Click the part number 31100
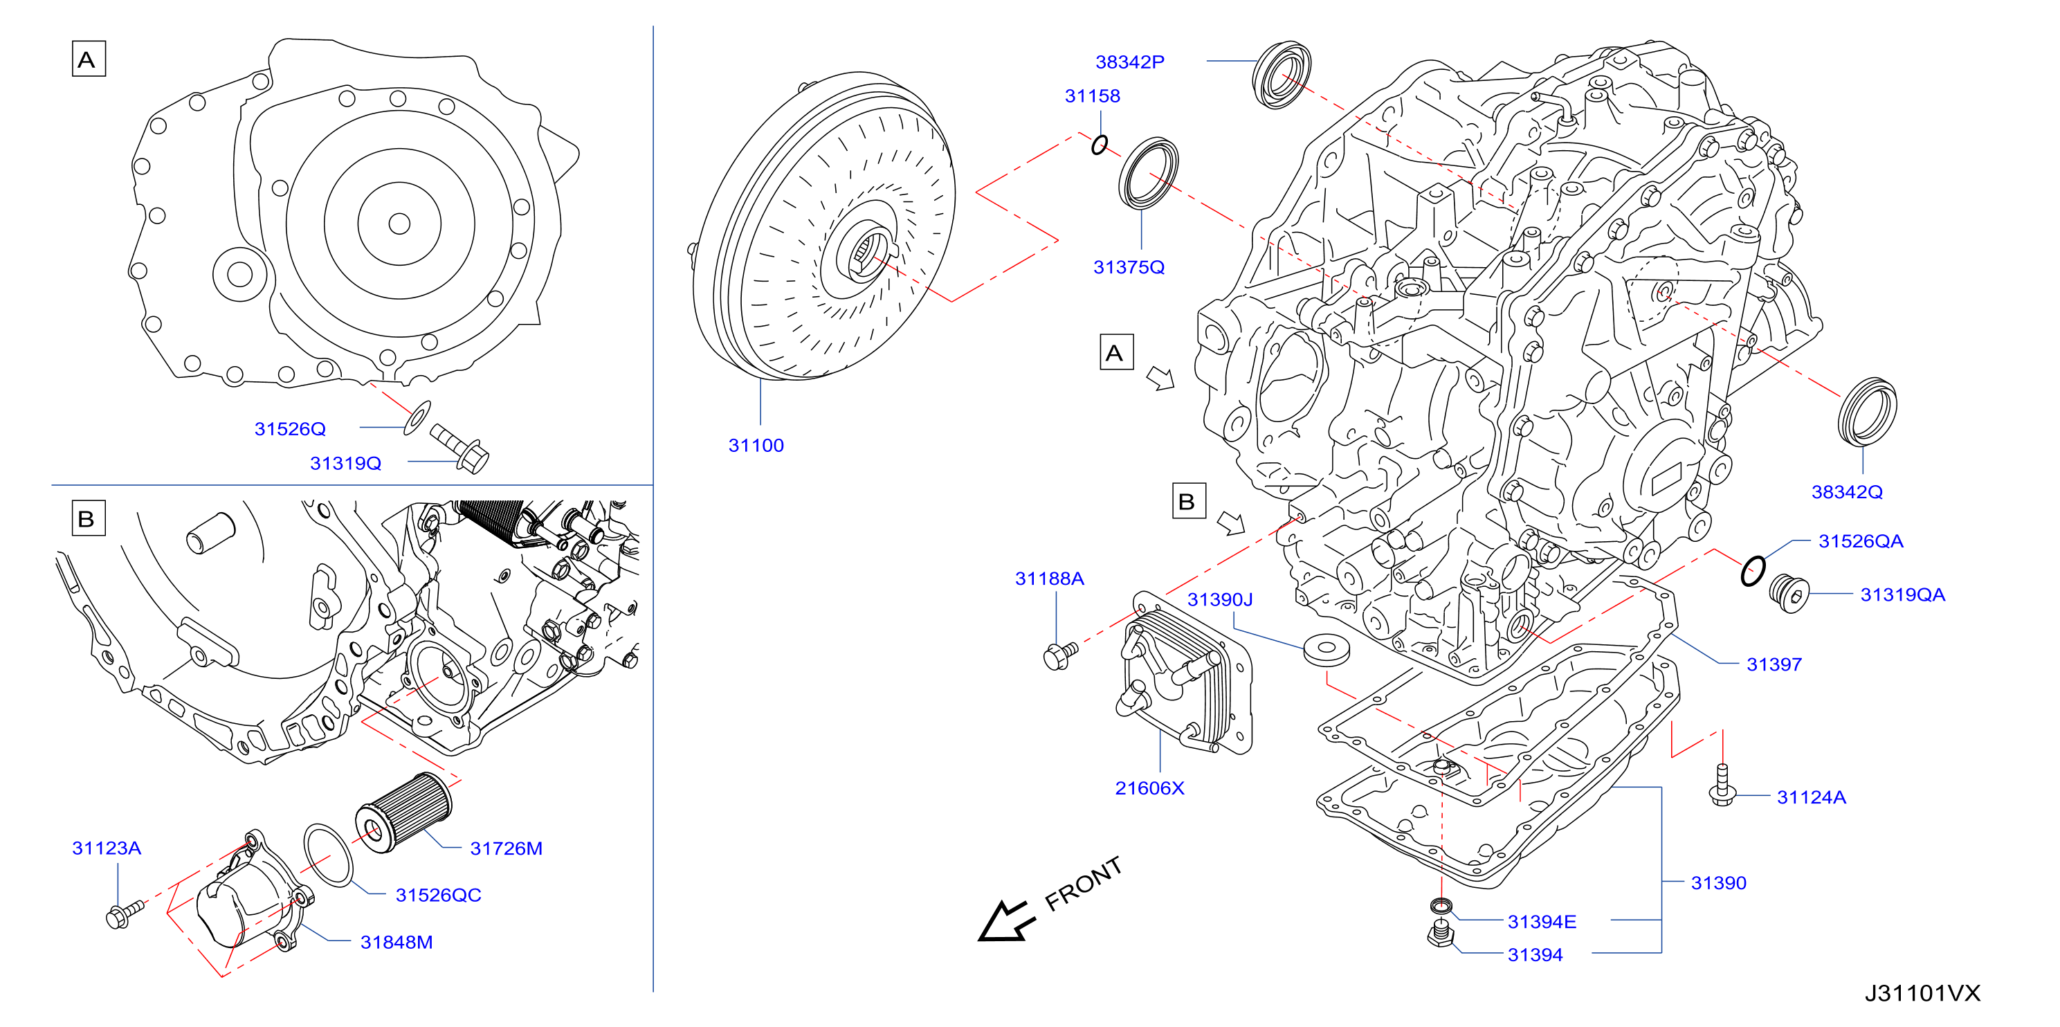tap(756, 446)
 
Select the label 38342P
tap(1129, 62)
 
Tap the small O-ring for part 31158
tap(1100, 145)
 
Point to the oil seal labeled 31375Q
tap(1147, 174)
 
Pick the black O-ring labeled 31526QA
tap(1752, 570)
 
